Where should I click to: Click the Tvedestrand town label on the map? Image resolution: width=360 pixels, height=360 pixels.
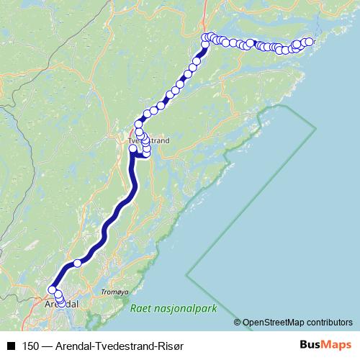click(x=148, y=141)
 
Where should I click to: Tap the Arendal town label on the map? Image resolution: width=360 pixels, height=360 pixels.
click(x=61, y=305)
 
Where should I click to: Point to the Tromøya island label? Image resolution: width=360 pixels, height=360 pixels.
click(x=115, y=292)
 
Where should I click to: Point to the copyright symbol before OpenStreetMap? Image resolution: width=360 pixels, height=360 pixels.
click(x=238, y=322)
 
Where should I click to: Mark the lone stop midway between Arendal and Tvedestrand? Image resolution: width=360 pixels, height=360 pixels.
click(x=77, y=263)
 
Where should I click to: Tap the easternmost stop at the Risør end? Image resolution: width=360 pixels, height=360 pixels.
click(x=311, y=41)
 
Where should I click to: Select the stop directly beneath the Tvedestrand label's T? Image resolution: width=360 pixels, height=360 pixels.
click(x=132, y=149)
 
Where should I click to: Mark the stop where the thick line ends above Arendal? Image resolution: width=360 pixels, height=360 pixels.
click(x=52, y=290)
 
